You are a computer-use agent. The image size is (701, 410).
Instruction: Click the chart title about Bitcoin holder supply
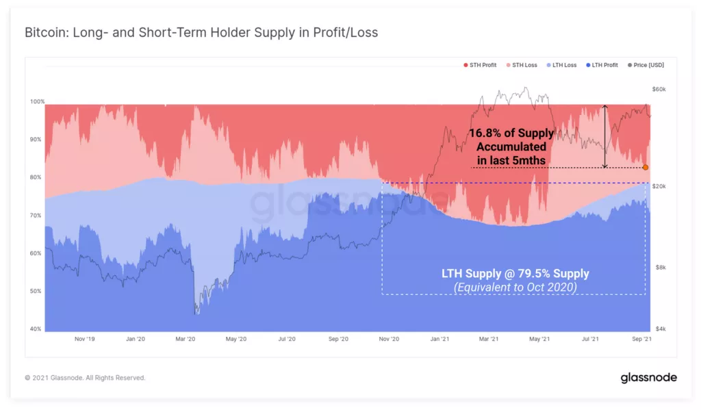(201, 33)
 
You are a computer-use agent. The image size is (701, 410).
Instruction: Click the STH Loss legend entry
(524, 65)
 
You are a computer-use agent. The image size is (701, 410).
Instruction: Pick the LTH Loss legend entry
(565, 65)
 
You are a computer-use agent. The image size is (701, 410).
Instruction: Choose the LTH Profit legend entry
(604, 65)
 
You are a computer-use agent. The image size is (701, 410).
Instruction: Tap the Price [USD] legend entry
(648, 65)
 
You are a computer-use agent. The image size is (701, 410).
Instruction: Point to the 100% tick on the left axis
(36, 101)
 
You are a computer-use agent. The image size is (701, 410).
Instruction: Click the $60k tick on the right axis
(659, 90)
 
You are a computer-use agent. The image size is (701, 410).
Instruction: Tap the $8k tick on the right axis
(659, 268)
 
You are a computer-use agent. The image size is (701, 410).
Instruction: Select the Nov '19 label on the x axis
(85, 339)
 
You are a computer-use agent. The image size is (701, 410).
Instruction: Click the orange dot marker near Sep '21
(646, 167)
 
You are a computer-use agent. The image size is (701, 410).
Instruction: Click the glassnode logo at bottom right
(648, 377)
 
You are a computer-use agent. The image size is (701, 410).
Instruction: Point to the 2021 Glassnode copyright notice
(85, 378)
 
